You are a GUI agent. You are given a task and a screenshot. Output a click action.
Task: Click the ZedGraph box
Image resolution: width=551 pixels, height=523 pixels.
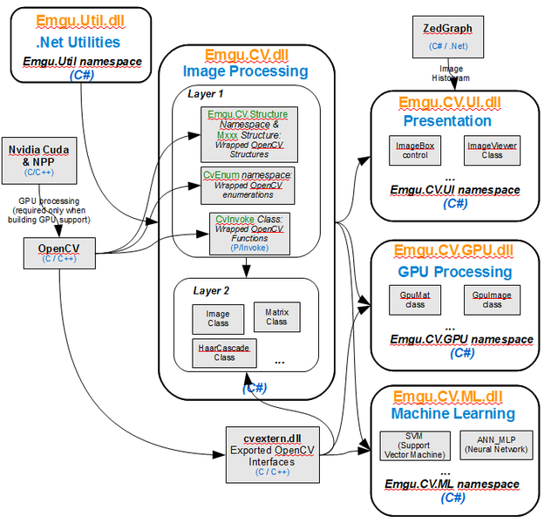(x=448, y=37)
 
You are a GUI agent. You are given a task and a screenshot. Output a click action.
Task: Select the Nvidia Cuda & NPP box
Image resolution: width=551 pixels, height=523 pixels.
(x=39, y=161)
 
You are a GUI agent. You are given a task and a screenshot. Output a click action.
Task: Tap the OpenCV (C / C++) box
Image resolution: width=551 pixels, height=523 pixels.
(x=59, y=254)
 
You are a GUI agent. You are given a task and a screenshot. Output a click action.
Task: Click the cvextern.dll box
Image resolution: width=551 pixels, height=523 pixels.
(x=273, y=455)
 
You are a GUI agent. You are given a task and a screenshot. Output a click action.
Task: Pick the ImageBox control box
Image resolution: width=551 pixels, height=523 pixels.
(x=415, y=150)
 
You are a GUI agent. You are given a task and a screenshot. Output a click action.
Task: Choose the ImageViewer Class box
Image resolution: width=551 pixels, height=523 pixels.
(x=492, y=150)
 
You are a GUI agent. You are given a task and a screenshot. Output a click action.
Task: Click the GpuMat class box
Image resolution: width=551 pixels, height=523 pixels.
(x=415, y=300)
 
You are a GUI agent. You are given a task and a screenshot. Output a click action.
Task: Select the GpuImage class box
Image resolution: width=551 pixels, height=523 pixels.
(x=492, y=300)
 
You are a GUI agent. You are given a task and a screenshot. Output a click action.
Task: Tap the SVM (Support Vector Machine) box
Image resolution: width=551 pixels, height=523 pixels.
(x=415, y=445)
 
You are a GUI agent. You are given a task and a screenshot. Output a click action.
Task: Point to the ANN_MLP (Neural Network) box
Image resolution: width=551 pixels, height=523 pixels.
(x=497, y=445)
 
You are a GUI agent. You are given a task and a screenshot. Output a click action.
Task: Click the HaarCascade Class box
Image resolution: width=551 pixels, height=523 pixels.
(x=224, y=353)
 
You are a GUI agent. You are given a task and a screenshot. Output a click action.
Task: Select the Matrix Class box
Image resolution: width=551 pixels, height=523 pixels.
(x=277, y=316)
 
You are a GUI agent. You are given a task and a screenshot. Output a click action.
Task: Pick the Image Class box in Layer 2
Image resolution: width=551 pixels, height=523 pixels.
(x=218, y=319)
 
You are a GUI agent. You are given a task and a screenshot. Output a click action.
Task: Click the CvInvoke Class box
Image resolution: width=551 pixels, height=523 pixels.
(x=249, y=234)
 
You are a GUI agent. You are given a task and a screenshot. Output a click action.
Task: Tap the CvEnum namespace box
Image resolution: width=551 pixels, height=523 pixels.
(x=248, y=186)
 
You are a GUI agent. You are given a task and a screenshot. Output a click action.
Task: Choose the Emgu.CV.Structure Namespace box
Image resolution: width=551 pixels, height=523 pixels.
(x=249, y=134)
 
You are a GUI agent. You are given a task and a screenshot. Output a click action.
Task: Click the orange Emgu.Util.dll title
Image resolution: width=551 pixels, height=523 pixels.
(x=80, y=21)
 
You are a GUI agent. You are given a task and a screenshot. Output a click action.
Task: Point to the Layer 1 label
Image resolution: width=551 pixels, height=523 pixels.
(x=206, y=94)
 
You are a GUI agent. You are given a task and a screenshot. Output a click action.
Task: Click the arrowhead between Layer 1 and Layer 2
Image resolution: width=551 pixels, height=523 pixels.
(x=247, y=271)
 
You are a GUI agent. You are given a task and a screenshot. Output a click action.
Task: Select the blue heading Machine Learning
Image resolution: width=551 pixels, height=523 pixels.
(x=453, y=413)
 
